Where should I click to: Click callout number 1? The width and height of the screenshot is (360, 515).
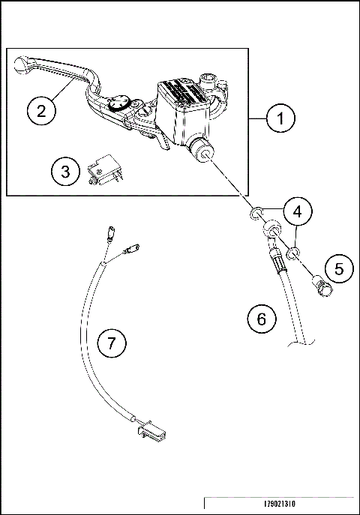point(281,118)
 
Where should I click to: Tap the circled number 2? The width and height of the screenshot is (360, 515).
point(41,110)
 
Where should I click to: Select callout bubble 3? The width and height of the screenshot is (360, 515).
point(65,172)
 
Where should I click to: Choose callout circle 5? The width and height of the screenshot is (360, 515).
point(339,268)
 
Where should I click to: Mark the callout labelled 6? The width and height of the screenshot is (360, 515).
point(261,319)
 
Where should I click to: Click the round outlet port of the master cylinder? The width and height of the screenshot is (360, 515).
point(202,152)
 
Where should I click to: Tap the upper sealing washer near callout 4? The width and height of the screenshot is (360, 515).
point(256,214)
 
